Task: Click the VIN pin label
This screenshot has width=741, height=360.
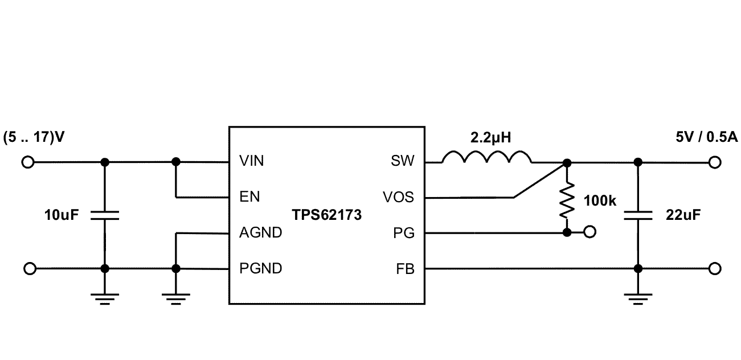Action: point(251,161)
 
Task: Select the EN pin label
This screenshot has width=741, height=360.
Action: point(249,197)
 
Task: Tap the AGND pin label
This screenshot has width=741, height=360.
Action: point(260,233)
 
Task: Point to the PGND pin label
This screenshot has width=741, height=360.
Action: point(260,268)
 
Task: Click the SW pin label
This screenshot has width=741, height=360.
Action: point(403,161)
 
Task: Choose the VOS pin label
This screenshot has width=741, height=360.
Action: point(399,198)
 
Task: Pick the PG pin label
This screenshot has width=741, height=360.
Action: point(405,233)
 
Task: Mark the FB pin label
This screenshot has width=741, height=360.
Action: point(405,268)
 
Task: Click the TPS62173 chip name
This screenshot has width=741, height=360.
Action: point(327,215)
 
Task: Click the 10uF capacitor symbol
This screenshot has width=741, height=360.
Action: point(105,215)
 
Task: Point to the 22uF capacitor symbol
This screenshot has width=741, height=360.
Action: point(638,215)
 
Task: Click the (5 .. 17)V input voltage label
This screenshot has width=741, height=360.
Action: point(33,138)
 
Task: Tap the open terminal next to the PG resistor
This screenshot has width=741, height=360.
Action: point(590,232)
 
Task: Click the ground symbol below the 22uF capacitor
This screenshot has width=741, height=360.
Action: point(638,298)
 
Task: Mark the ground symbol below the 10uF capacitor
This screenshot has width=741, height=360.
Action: point(105,298)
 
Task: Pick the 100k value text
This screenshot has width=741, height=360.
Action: point(600,201)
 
